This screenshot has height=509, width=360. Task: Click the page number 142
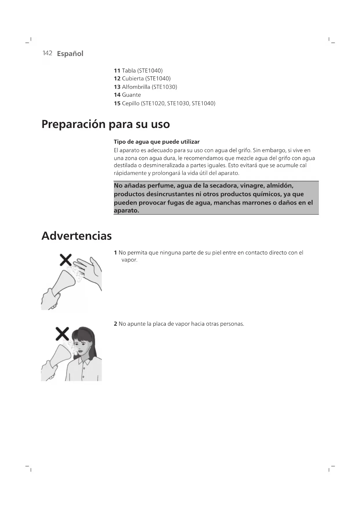click(x=47, y=53)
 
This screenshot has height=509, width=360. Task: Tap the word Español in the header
click(x=70, y=54)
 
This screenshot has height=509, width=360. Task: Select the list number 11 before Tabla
click(x=117, y=71)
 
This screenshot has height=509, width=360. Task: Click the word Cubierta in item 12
click(x=133, y=79)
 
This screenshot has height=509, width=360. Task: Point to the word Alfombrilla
click(x=136, y=87)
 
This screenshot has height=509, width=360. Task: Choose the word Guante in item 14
click(x=131, y=95)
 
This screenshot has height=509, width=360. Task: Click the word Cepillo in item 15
click(x=131, y=103)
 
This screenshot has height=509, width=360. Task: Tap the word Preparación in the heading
click(x=73, y=124)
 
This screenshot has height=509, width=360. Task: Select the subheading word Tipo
click(x=120, y=142)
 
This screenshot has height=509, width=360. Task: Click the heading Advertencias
click(x=77, y=236)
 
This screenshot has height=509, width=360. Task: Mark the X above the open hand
click(x=66, y=260)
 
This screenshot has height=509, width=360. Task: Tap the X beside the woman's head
click(x=62, y=334)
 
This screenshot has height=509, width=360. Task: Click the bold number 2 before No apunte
click(x=115, y=324)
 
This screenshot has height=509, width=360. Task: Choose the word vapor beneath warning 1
click(x=129, y=260)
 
